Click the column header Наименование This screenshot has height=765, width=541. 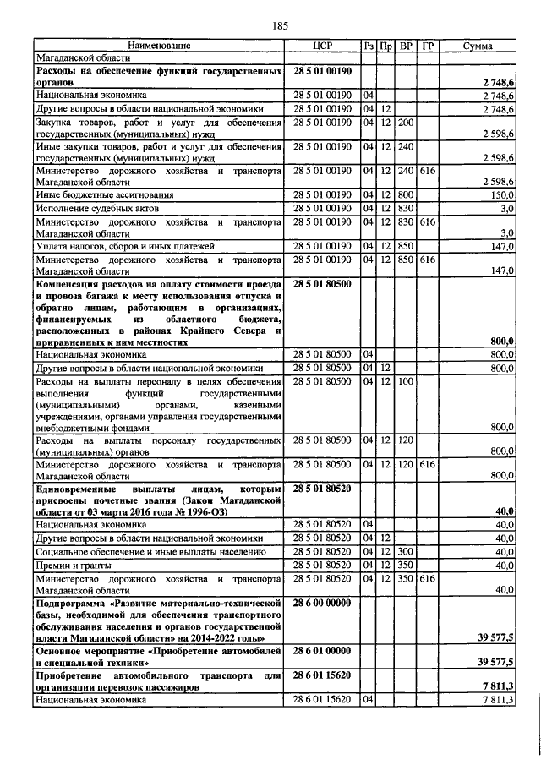coord(160,46)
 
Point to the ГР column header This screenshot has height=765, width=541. coord(427,46)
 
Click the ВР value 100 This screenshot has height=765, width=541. coord(405,382)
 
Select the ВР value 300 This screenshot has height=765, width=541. coord(405,551)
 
